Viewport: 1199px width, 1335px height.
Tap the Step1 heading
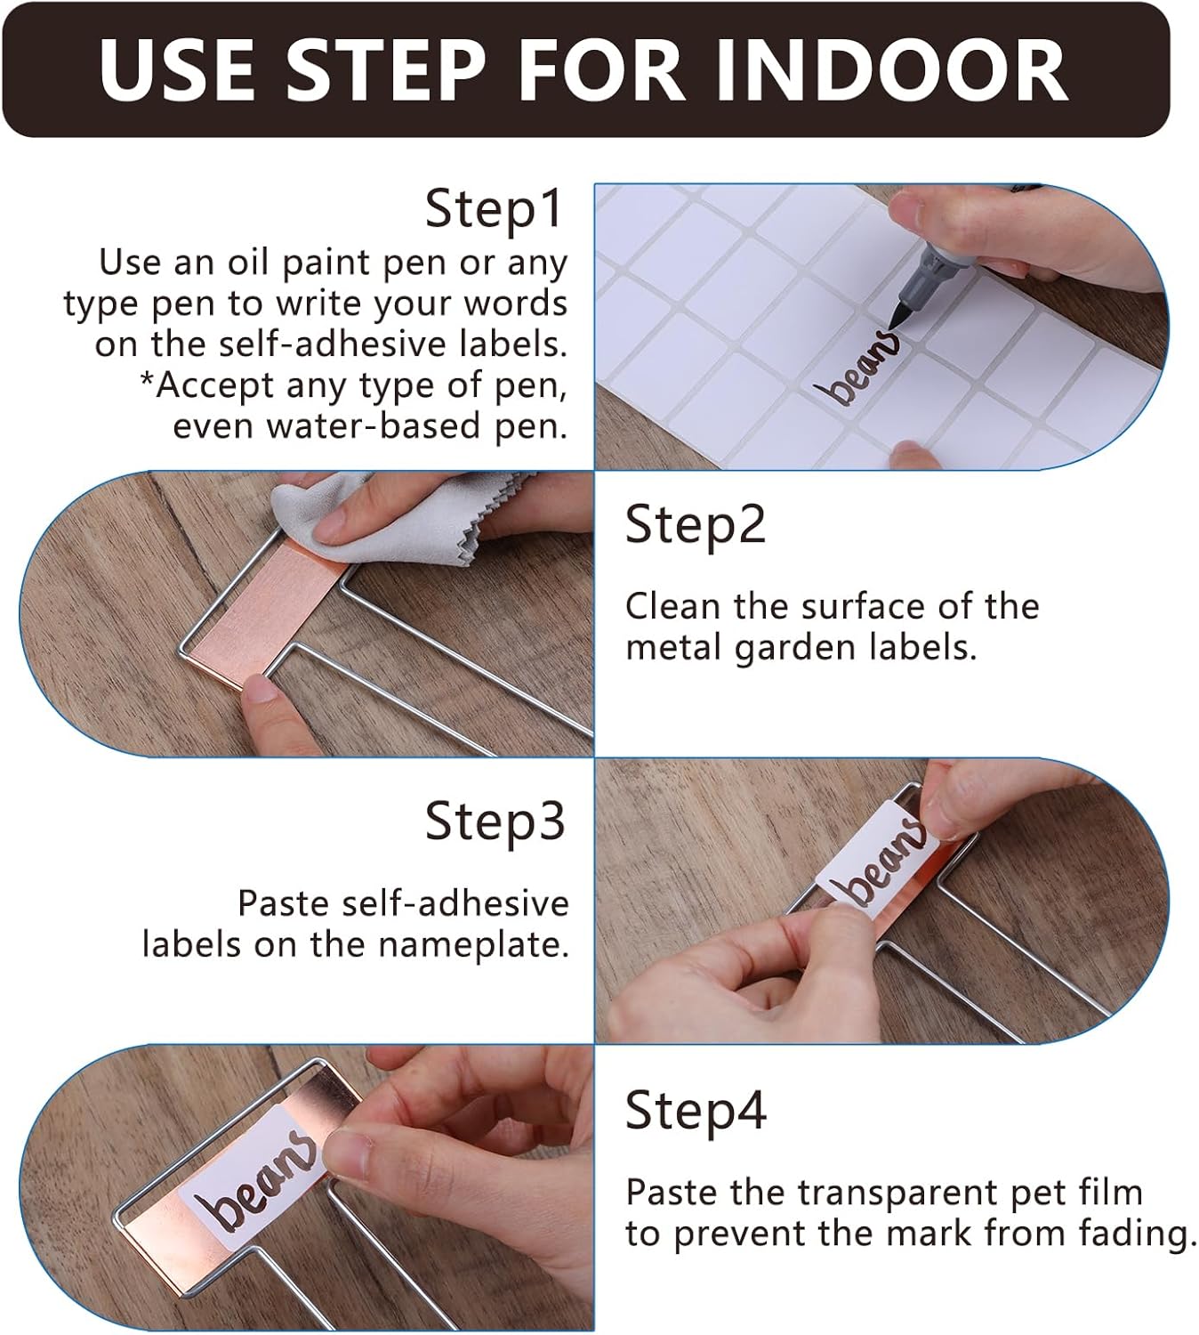494,208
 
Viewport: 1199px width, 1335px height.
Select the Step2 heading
695,524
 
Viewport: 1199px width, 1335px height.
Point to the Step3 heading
495,821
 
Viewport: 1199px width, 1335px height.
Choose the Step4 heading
696,1111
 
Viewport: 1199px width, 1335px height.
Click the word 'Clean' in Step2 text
672,606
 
